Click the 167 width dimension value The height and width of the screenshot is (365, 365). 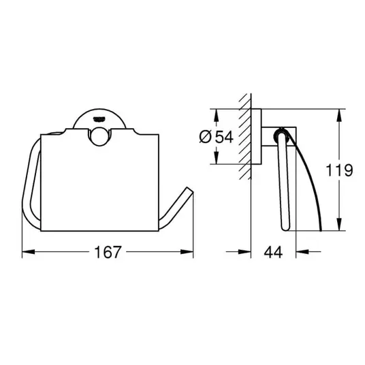[x=108, y=252]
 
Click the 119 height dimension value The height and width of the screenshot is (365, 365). [x=339, y=170]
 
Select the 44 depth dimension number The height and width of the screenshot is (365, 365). [x=273, y=252]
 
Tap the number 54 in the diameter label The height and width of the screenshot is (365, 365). [x=224, y=137]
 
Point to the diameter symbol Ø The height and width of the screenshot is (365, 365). [x=206, y=137]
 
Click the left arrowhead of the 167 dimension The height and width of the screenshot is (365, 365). [x=28, y=252]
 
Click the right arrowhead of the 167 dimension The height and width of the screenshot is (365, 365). [x=187, y=252]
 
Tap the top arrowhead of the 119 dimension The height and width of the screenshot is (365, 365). [x=339, y=115]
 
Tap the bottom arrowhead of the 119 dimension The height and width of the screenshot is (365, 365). [x=339, y=225]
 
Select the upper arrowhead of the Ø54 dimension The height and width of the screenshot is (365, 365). [x=217, y=115]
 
